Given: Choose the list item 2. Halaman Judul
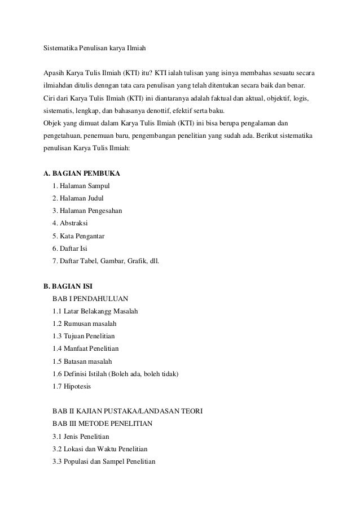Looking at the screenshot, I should [78, 198].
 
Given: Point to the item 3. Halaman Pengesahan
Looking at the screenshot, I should [87, 210].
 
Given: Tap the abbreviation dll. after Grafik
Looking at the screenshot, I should [153, 260].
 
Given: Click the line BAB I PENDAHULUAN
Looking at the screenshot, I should [90, 298].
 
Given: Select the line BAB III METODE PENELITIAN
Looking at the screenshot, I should [102, 424].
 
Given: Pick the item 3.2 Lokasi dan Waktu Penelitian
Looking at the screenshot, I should [99, 449].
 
